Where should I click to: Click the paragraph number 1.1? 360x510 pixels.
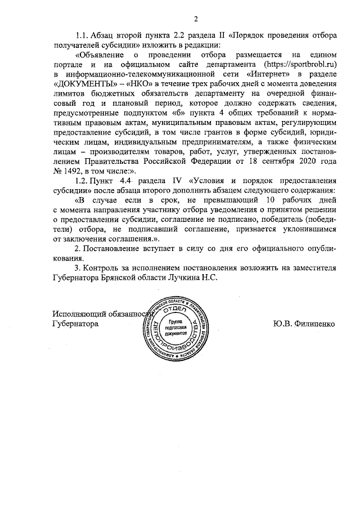[x=84, y=35]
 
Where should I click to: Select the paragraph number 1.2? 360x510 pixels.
[x=84, y=181]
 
